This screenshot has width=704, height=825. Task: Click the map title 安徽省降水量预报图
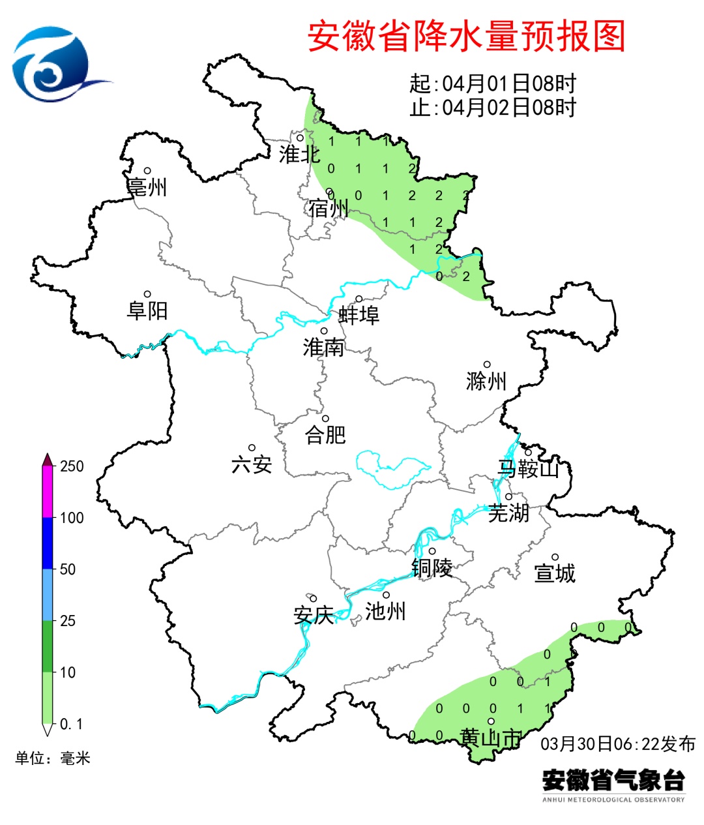[x=466, y=37]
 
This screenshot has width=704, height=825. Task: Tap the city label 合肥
[x=325, y=434]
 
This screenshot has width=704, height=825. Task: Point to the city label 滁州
[x=486, y=380]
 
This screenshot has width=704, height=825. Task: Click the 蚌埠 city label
[x=359, y=315]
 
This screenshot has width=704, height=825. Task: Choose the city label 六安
[x=252, y=464]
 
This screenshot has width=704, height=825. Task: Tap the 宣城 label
[x=555, y=573]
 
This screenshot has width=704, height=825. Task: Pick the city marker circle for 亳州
[x=148, y=171]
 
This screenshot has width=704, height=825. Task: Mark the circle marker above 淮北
[x=301, y=138]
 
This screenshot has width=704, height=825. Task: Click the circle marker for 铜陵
[x=432, y=551]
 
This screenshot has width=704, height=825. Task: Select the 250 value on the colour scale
[x=72, y=466]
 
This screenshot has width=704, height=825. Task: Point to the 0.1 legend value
[x=72, y=724]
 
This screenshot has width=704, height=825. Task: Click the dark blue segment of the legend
[x=48, y=543]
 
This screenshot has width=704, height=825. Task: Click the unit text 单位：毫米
[x=53, y=758]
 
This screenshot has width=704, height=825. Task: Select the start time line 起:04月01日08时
[x=493, y=83]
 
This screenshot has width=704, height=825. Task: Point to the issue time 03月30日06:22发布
[x=618, y=743]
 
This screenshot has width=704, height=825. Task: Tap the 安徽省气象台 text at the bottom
[x=613, y=779]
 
